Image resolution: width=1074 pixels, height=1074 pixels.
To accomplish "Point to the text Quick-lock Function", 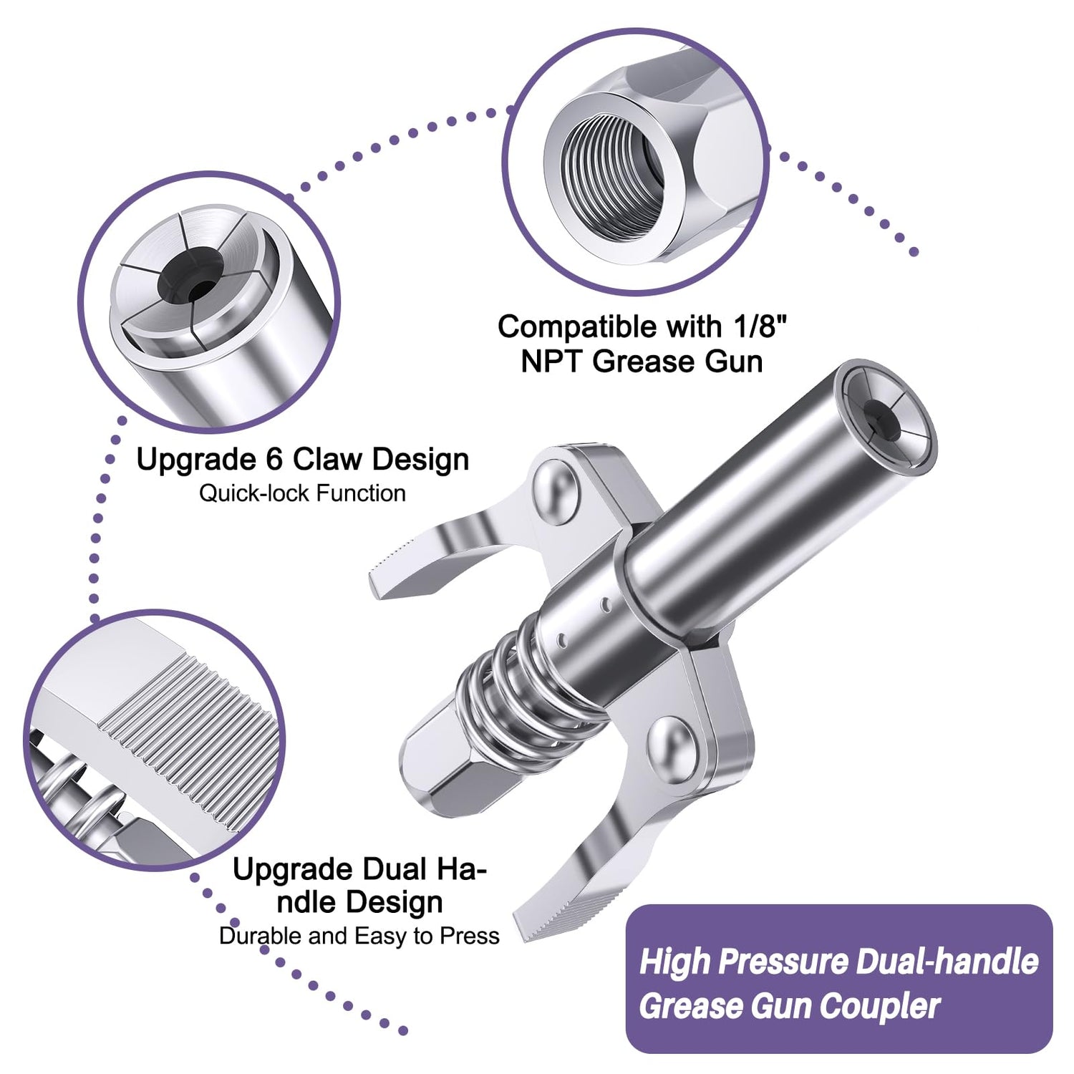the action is pyautogui.click(x=302, y=493).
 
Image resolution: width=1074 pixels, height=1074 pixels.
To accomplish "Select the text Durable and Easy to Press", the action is pyautogui.click(x=359, y=936).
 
